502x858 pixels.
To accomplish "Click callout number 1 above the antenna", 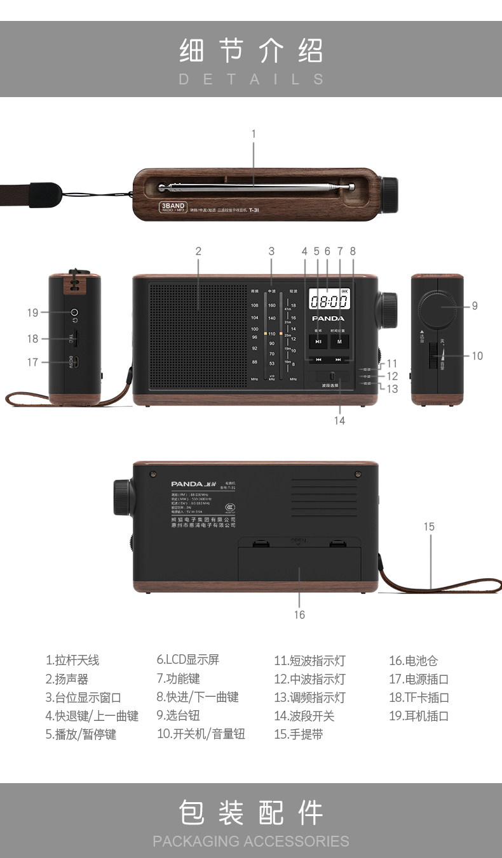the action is click(254, 134).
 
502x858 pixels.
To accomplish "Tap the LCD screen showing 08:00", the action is click(328, 300).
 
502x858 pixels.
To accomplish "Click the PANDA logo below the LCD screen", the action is click(328, 318).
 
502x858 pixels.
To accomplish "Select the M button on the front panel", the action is click(339, 341).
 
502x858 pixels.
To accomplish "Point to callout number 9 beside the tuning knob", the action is click(475, 306).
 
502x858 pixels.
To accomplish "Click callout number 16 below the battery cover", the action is click(299, 614).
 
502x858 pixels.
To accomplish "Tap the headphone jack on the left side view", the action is click(75, 312).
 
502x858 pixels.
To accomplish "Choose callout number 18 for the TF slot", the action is click(32, 339).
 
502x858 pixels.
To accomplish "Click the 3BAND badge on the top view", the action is click(172, 207).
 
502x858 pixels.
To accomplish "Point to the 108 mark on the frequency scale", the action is click(254, 305).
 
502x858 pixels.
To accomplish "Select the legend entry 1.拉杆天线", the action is click(72, 661).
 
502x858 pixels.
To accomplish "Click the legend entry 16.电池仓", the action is click(414, 661).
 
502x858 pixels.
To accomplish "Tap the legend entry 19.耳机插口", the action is click(419, 716).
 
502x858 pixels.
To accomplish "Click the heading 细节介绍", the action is click(251, 51).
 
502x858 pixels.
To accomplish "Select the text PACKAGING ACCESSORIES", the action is click(251, 841).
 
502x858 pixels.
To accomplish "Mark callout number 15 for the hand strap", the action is click(429, 527).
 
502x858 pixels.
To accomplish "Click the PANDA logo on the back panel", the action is click(187, 484).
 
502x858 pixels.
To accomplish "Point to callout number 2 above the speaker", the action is click(198, 251).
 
